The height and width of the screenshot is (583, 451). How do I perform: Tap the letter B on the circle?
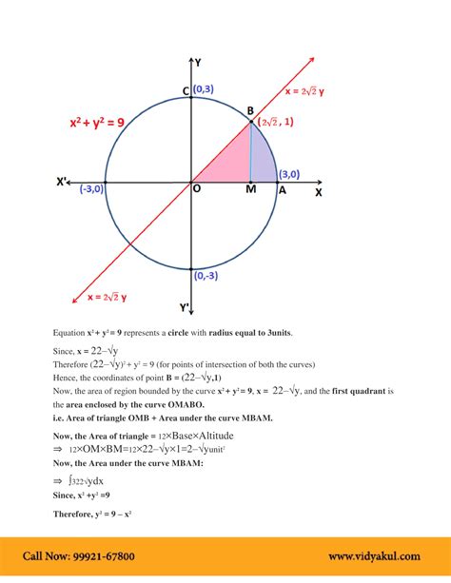[x=250, y=111]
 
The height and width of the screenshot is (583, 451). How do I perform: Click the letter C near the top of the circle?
[x=186, y=91]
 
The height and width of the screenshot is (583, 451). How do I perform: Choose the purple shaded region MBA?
[x=262, y=157]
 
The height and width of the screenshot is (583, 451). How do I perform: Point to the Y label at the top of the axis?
[x=198, y=62]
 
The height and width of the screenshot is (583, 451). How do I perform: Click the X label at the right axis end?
[x=319, y=192]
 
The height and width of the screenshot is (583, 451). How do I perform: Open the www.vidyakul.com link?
[x=375, y=556]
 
